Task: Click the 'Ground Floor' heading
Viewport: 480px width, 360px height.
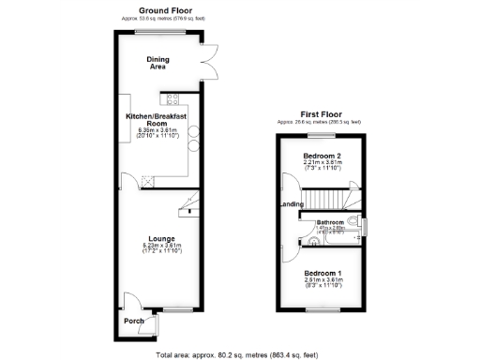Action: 158,10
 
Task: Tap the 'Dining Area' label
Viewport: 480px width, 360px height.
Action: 157,64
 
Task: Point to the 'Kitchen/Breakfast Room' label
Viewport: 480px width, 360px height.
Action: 158,119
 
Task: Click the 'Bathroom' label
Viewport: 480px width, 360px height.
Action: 331,221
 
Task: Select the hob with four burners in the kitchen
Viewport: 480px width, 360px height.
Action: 172,97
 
